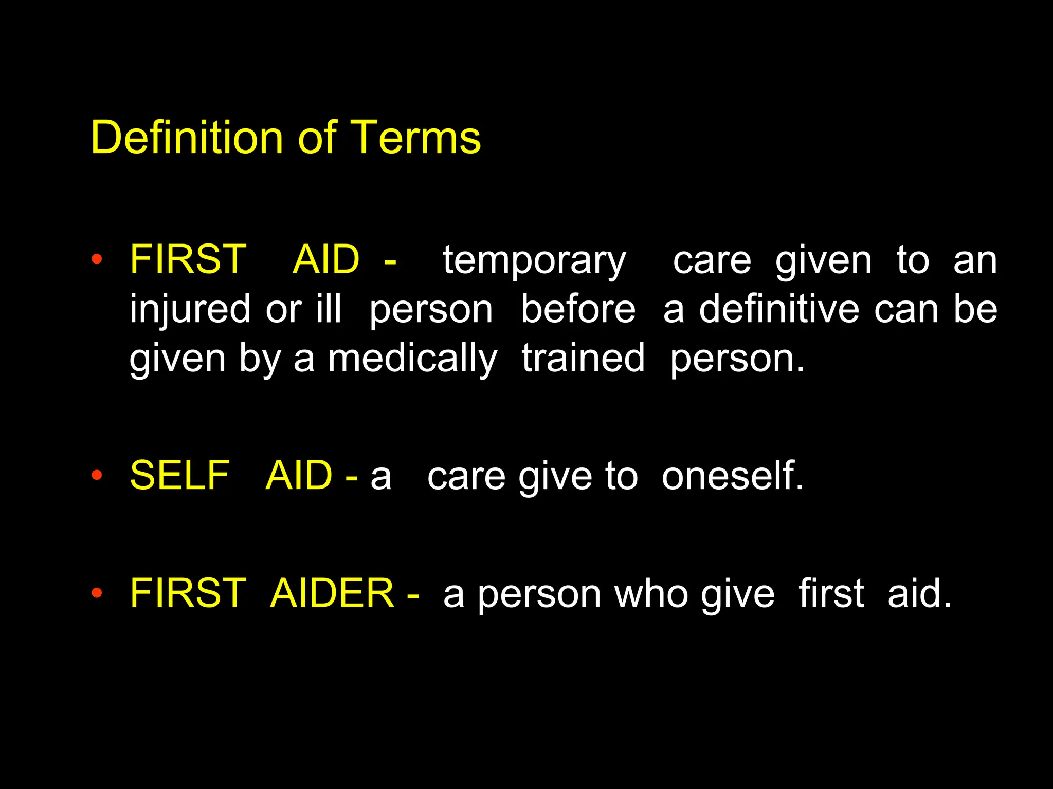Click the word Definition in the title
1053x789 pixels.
[x=187, y=137]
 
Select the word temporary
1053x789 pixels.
[x=534, y=261]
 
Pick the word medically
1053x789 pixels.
[x=413, y=359]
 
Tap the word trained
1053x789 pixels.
[x=583, y=358]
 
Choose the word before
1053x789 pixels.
[x=578, y=309]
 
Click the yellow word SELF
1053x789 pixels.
[x=179, y=475]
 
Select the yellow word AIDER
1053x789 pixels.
[x=332, y=593]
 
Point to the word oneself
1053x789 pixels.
[x=732, y=476]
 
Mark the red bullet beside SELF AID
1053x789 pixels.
[x=97, y=475]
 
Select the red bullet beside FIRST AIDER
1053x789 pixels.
[x=97, y=593]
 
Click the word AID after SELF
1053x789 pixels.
[x=299, y=475]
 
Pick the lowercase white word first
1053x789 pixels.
[x=831, y=593]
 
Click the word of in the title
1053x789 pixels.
[x=317, y=137]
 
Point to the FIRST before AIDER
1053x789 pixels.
[x=188, y=593]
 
